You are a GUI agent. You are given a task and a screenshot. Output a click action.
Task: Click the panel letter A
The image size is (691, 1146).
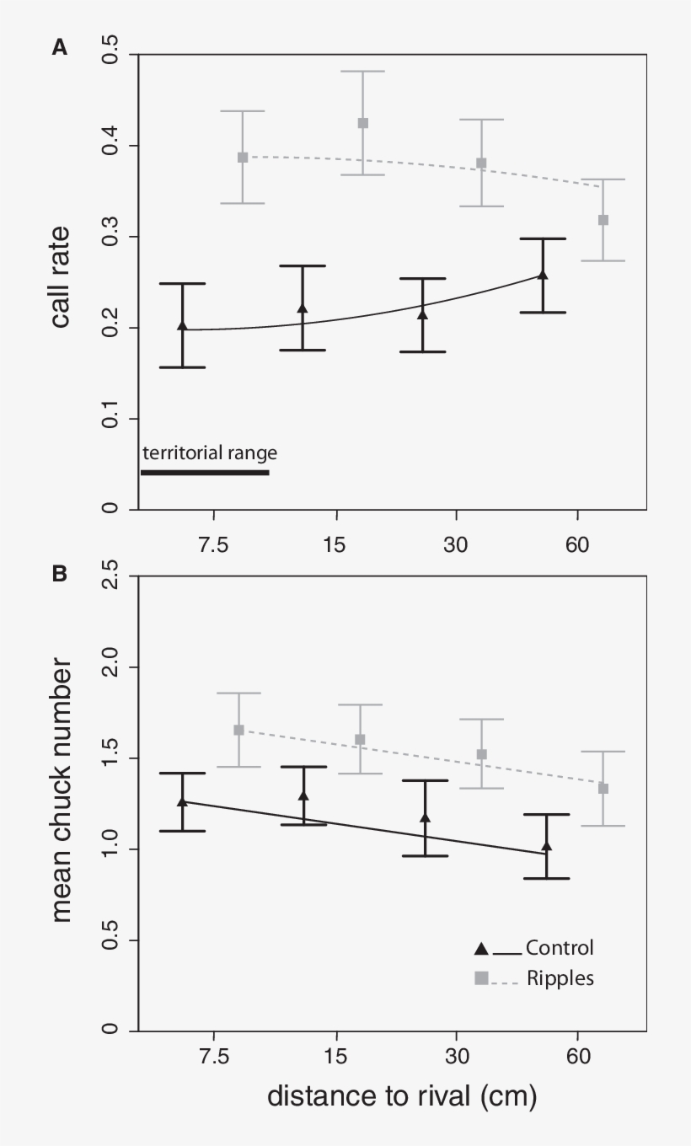60,48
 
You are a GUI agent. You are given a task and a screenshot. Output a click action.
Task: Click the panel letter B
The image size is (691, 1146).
60,574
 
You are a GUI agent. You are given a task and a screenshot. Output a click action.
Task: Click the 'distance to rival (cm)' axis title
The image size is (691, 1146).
402,1096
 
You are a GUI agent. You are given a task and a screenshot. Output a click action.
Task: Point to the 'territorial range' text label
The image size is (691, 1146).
210,453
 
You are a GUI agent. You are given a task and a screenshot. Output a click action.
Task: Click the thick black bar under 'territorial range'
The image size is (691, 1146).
205,473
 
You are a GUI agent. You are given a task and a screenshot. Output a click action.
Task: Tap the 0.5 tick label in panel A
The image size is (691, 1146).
108,55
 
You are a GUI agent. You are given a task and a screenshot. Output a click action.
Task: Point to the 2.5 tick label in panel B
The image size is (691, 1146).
108,577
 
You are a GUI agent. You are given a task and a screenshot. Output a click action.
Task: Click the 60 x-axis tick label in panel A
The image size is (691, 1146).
577,545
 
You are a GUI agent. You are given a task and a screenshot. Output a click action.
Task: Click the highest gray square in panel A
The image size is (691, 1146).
363,123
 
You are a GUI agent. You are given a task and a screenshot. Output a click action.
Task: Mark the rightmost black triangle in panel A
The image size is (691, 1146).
543,275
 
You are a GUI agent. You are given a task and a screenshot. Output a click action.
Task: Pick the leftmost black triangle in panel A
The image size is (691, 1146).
183,325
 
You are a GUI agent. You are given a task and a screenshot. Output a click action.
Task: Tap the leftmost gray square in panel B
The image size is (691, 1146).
239,730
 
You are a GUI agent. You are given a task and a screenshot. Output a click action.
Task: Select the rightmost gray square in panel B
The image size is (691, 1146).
603,789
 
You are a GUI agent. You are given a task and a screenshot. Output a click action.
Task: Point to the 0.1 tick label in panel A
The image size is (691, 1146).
108,419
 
